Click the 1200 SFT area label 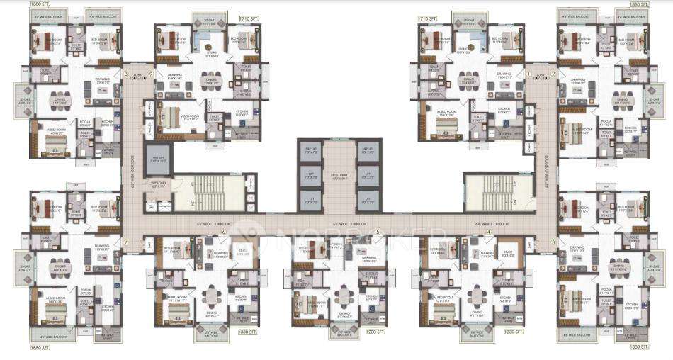pos(373,331)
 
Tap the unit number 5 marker pos(378,232)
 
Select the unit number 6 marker pos(223,232)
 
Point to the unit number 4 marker pos(489,232)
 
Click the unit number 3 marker pos(553,242)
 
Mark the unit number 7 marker pos(126,242)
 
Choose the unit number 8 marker pos(126,73)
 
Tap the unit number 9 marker pos(150,73)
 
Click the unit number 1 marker pos(528,73)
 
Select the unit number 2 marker pos(553,73)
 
